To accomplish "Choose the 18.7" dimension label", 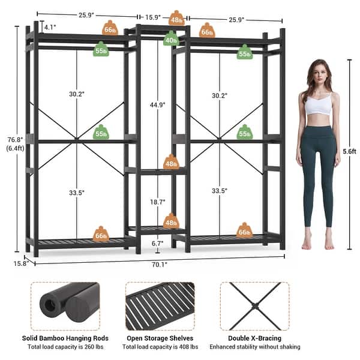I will (x=157, y=203).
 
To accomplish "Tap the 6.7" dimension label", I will (x=157, y=244).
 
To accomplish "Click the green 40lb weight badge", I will (x=171, y=40).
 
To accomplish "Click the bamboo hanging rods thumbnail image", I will (x=65, y=307).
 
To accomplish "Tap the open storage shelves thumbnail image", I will (x=160, y=307).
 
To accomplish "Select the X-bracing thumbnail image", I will (x=254, y=307).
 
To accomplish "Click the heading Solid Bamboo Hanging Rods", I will (x=65, y=338).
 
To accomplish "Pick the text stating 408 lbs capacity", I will (x=160, y=347).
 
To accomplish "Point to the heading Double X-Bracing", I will (x=254, y=338).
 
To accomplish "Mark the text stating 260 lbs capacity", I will (x=65, y=347).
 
